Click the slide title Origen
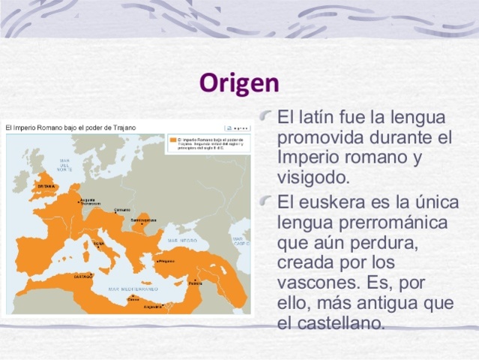pos(239,82)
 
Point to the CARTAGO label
pos(82,276)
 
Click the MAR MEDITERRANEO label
pos(133,289)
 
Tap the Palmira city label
pos(195,283)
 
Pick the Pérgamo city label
pos(166,260)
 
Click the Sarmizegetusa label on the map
pos(143,220)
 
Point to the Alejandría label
pos(154,307)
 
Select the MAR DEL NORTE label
pos(65,165)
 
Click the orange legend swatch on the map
pos(172,139)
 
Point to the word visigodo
pos(313,178)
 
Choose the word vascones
pos(312,284)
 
